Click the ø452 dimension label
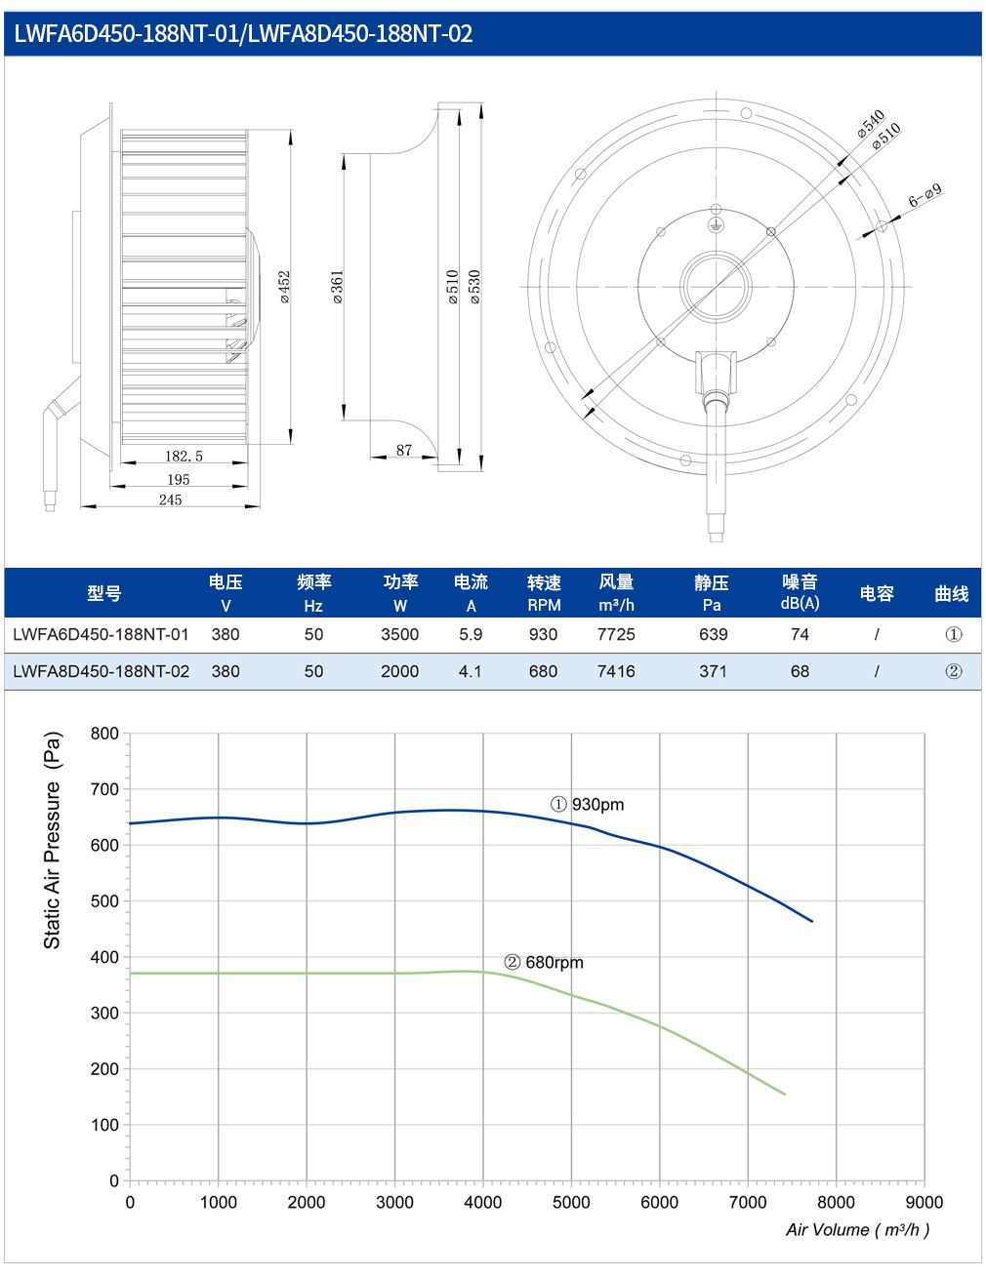pos(284,287)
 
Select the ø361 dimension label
pos(337,287)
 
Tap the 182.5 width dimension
pos(184,456)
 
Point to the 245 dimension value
pos(170,499)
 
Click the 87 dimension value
pos(404,450)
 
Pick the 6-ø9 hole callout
pos(924,196)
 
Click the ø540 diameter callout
pos(870,123)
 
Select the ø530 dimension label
pos(474,287)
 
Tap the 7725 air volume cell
pos(616,634)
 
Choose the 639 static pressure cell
pos(713,634)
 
